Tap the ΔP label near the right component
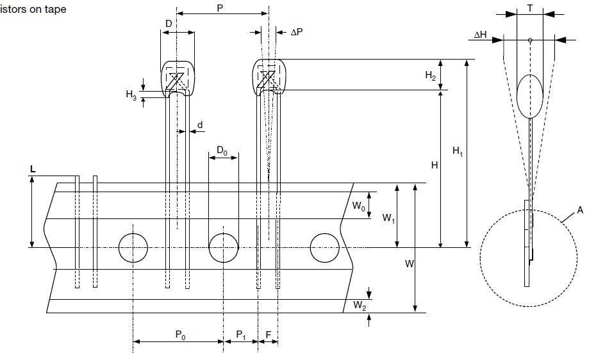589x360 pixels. point(296,31)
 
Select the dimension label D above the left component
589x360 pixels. point(169,23)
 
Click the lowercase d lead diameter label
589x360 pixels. point(200,124)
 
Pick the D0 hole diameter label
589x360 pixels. point(221,150)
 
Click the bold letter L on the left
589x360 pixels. point(32,168)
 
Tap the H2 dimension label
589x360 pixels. point(431,75)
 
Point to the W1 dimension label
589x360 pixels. point(388,218)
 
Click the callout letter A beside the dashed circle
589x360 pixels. point(579,210)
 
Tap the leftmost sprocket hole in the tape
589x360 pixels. point(133,247)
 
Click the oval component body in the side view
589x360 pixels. point(530,96)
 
